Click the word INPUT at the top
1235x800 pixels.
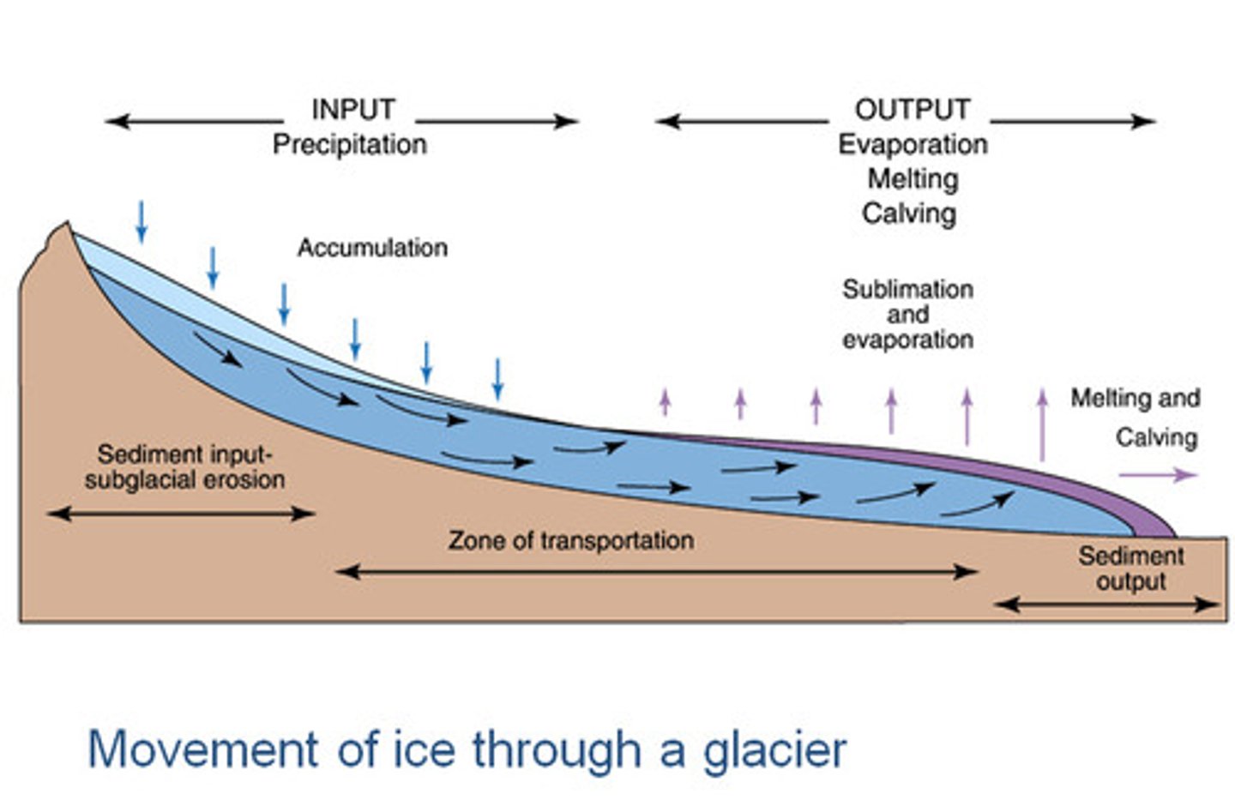click(x=352, y=110)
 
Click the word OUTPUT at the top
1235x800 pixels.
click(x=912, y=110)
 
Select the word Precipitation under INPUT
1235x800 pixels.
click(x=350, y=144)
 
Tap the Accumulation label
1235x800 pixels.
click(x=372, y=248)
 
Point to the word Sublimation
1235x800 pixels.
click(x=907, y=289)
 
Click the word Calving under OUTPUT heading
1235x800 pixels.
click(x=909, y=213)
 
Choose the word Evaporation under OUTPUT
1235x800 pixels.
click(x=913, y=144)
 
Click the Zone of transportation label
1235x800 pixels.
click(x=571, y=540)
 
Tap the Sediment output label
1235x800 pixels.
click(x=1131, y=568)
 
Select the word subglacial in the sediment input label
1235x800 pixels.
click(x=136, y=479)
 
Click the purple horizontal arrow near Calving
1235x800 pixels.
click(x=1158, y=475)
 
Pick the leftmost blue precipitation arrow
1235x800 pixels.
click(x=142, y=221)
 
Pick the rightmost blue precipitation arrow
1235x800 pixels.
click(x=497, y=379)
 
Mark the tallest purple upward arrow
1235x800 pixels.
click(x=1043, y=424)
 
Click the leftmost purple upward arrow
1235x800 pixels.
click(x=664, y=401)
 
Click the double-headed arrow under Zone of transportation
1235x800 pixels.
click(x=656, y=571)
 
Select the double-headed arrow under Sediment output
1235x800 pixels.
click(x=1106, y=605)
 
